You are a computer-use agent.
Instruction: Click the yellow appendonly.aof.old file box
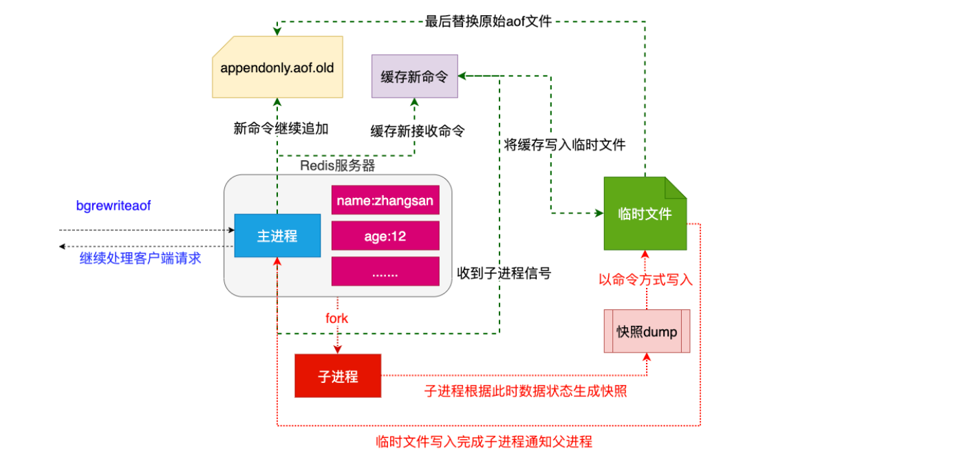point(277,68)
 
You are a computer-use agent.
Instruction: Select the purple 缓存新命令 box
point(414,76)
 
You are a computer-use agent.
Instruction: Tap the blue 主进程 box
point(277,236)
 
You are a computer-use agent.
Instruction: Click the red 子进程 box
point(338,376)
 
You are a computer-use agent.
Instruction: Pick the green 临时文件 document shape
point(645,214)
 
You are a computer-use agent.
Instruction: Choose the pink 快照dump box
point(647,331)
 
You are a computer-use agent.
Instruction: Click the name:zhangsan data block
point(385,200)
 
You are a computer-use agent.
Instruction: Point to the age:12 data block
point(385,236)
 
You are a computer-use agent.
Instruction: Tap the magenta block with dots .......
point(385,272)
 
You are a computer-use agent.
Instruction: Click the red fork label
point(337,318)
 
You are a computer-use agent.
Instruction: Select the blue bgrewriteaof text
point(113,206)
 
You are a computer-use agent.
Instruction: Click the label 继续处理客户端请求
point(140,258)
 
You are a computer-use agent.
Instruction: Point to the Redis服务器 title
point(338,166)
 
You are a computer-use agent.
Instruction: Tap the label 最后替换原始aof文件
point(488,21)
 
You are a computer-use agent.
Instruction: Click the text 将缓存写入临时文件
point(564,144)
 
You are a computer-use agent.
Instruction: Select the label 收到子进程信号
point(504,273)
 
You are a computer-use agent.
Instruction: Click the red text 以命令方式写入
point(645,280)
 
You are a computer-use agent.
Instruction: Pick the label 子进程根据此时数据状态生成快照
point(526,391)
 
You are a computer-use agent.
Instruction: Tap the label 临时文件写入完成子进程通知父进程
point(484,441)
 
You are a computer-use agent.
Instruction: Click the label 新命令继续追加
point(281,129)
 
